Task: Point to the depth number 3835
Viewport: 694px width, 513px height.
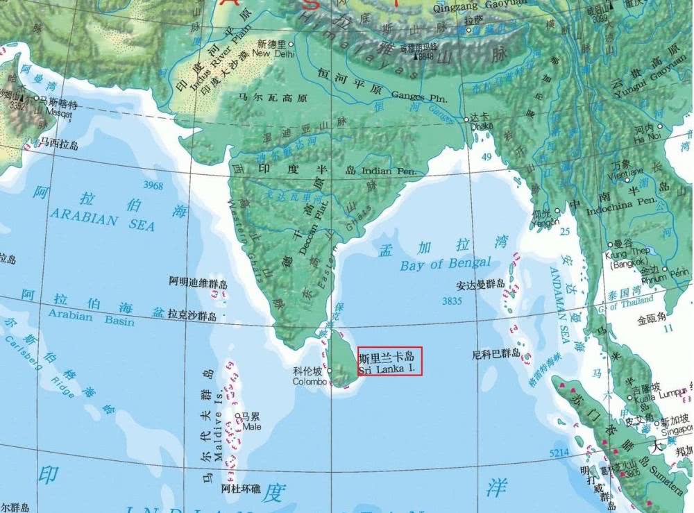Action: click(x=451, y=301)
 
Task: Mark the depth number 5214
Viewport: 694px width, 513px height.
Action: click(x=559, y=453)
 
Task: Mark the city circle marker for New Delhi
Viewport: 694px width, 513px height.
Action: click(x=291, y=44)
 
